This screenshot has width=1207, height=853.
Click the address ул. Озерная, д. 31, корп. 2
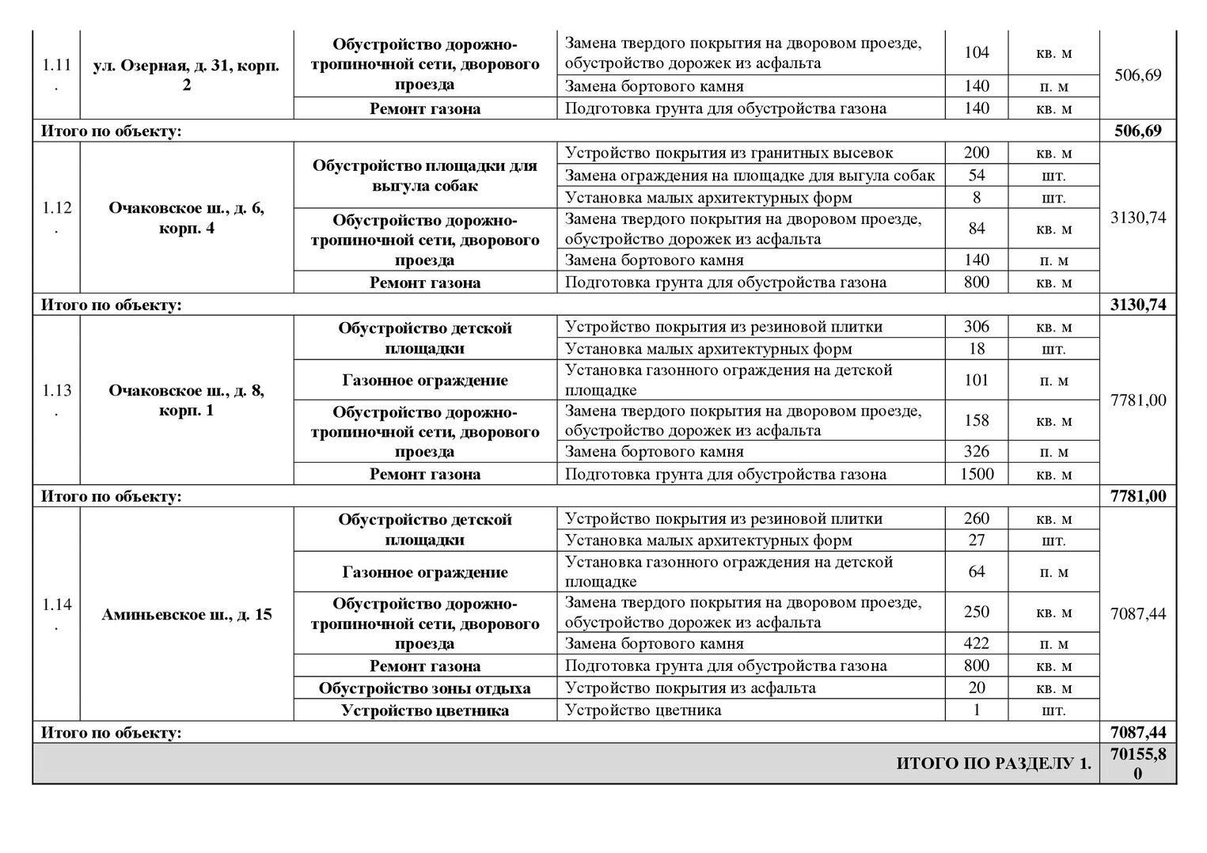coord(186,75)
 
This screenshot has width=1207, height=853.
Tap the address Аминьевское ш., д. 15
coord(186,614)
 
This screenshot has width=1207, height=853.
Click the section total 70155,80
coord(1137,764)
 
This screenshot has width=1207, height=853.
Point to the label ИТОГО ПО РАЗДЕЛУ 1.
coord(993,764)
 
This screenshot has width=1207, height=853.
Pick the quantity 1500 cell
coord(977,474)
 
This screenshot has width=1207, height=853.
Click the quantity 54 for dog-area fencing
coord(977,175)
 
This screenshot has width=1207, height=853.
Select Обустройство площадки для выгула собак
coord(425,176)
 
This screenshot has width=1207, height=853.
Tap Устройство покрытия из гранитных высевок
coord(729,153)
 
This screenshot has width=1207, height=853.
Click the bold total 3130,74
coord(1137,305)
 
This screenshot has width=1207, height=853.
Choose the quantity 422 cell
coord(977,643)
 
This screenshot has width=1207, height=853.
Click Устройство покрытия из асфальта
coord(690,688)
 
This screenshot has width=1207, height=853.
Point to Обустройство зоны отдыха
coord(425,688)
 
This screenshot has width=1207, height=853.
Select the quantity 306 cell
coord(977,326)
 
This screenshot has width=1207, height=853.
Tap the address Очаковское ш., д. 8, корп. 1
coord(186,400)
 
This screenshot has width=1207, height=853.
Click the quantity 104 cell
coord(977,52)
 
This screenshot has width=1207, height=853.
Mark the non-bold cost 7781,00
coord(1137,400)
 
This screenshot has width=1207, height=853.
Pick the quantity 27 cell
coord(977,540)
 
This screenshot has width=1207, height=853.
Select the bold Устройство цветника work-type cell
coord(425,711)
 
